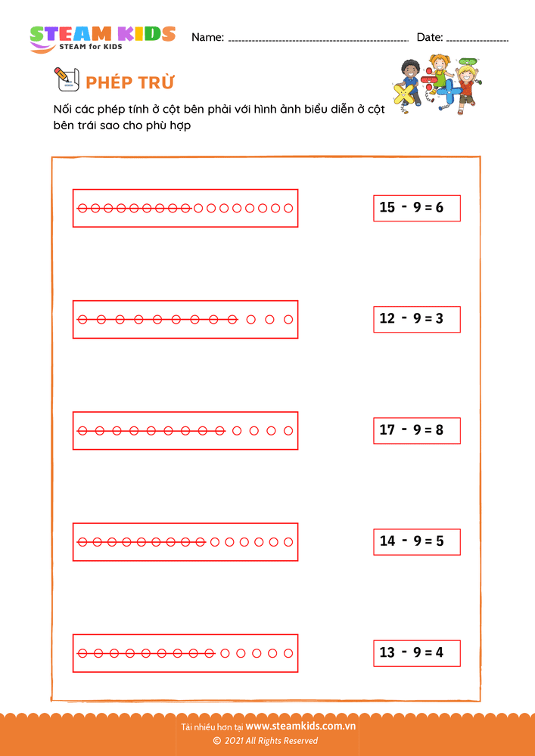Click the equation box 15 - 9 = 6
pos(417,208)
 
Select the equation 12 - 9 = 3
pos(417,319)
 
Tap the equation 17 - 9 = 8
pos(417,430)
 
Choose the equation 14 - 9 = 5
pos(417,541)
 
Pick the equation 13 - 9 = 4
pos(417,653)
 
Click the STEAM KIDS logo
pos(102,39)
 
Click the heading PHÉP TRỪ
pos(129,82)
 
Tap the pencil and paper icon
pos(67,79)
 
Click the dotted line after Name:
pos(319,41)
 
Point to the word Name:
pos(208,37)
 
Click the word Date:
pos(430,37)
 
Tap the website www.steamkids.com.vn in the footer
pos(300,726)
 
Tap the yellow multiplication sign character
pos(404,94)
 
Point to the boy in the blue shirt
pos(411,79)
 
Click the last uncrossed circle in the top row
pos(288,209)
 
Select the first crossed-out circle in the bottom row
pos(82,653)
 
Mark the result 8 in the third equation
pos(439,430)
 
